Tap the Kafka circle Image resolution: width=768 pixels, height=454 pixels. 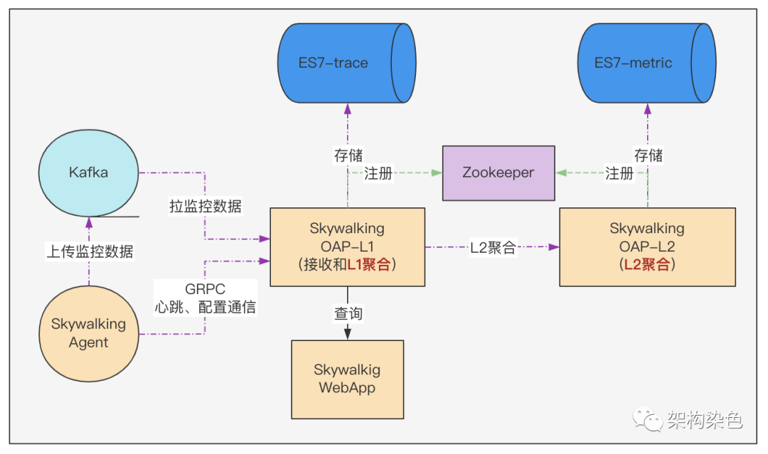point(88,172)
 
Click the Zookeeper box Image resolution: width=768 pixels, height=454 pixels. point(498,173)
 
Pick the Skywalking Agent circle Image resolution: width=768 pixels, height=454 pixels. point(88,333)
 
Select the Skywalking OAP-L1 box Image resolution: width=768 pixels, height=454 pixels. point(347,247)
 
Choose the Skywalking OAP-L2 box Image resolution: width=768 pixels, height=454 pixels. point(647,247)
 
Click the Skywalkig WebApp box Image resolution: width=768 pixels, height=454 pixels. point(347,379)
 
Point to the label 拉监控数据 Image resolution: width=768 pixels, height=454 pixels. point(205,207)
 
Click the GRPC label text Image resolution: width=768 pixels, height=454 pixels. point(205,291)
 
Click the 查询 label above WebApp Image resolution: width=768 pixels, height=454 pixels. point(348,313)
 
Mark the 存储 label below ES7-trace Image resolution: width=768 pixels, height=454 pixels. point(348,156)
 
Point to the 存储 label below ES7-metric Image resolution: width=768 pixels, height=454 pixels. point(648,155)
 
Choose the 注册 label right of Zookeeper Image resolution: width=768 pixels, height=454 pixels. point(619,173)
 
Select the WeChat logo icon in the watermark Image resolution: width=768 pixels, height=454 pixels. point(648,419)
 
